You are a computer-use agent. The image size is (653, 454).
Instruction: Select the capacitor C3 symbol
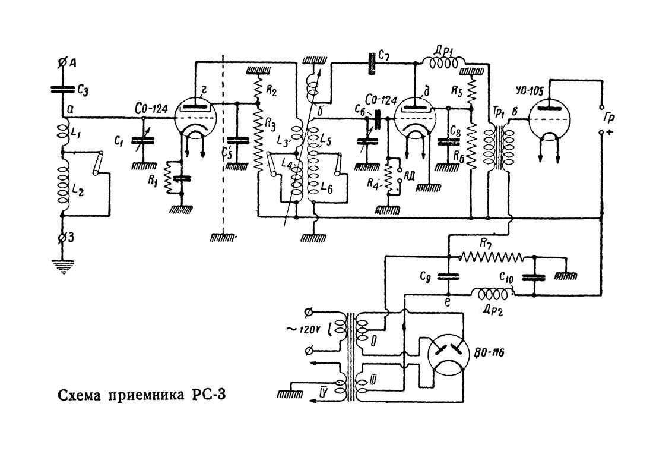[x=64, y=89]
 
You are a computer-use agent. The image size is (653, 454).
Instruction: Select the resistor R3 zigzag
[x=258, y=143]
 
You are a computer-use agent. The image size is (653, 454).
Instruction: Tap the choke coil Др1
[x=443, y=61]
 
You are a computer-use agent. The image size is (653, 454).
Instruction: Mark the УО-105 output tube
[x=550, y=122]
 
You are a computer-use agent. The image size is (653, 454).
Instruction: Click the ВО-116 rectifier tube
[x=449, y=354]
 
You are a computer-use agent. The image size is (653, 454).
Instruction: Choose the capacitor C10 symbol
[x=534, y=277]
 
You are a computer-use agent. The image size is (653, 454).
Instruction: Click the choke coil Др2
[x=490, y=293]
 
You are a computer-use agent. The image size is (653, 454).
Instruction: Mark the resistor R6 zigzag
[x=472, y=146]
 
